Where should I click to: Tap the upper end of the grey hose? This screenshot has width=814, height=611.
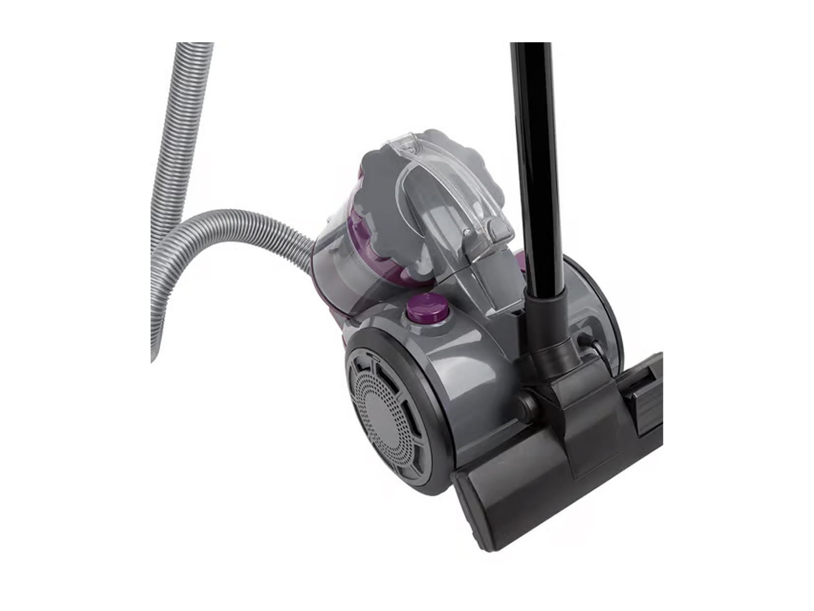pyautogui.click(x=193, y=51)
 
